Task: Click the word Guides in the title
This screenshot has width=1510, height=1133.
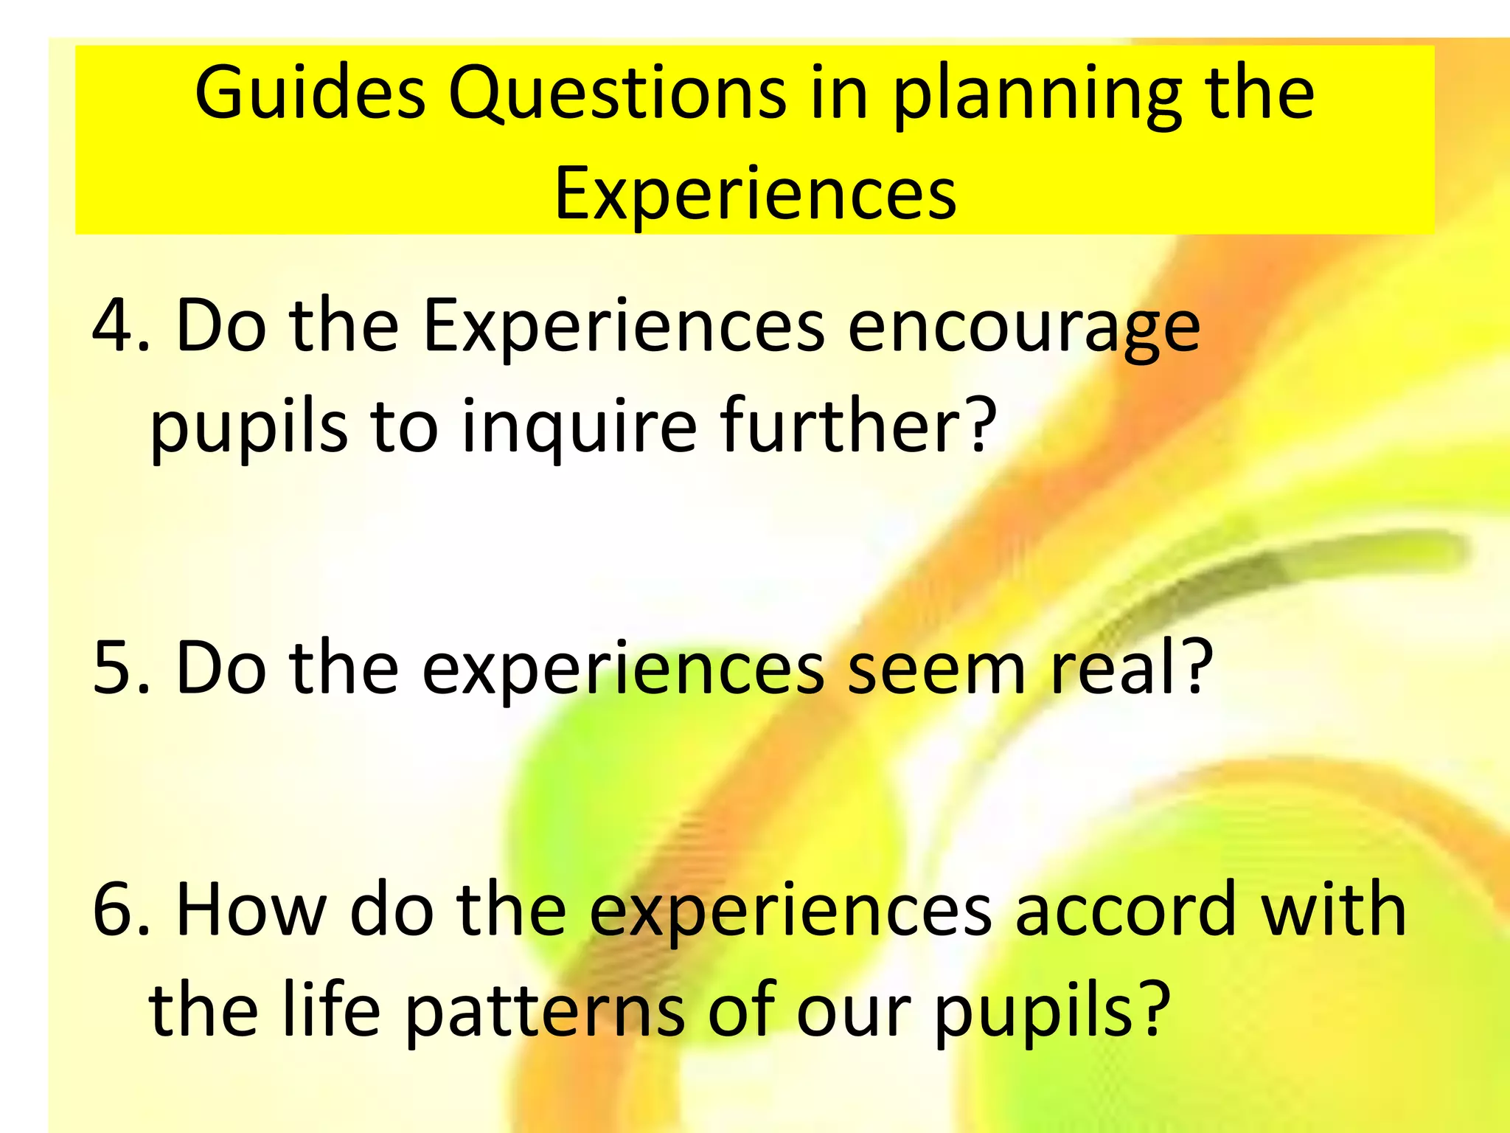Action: coord(310,94)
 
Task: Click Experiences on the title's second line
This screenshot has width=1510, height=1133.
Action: coord(755,193)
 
